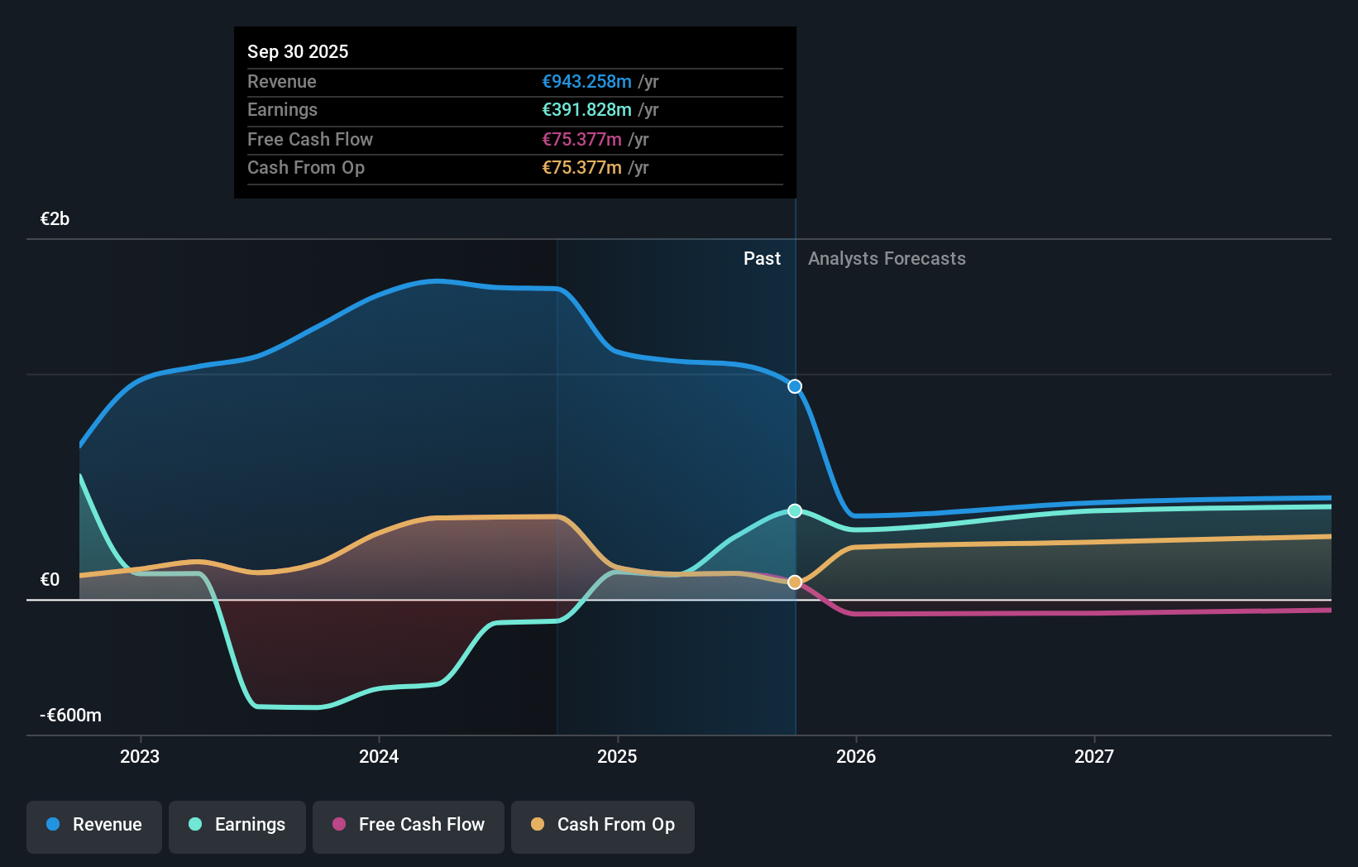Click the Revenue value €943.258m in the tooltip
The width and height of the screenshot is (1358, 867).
[586, 82]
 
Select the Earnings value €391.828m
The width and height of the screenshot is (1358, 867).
[586, 110]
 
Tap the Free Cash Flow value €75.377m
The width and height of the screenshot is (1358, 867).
[581, 140]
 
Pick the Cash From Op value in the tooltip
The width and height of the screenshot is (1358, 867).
[581, 168]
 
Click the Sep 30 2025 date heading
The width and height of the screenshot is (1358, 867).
[298, 52]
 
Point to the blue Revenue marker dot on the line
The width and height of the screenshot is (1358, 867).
[795, 386]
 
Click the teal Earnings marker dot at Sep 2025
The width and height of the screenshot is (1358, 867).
[795, 510]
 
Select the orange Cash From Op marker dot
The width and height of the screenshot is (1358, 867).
[795, 582]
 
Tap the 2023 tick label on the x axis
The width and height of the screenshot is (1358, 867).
[140, 756]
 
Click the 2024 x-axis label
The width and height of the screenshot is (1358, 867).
[379, 756]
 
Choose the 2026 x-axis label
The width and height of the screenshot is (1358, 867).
[856, 756]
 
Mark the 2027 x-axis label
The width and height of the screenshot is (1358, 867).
[1094, 756]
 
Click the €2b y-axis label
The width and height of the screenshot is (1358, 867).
[55, 219]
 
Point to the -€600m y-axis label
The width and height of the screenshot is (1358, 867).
[70, 716]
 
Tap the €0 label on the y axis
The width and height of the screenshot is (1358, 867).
[50, 580]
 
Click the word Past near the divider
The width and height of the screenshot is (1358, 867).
[762, 259]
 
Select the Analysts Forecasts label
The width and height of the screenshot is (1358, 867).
[887, 259]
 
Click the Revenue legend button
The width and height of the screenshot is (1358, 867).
[94, 826]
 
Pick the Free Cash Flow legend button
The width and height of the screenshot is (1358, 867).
[409, 826]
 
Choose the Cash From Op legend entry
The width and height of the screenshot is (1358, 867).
[603, 826]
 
